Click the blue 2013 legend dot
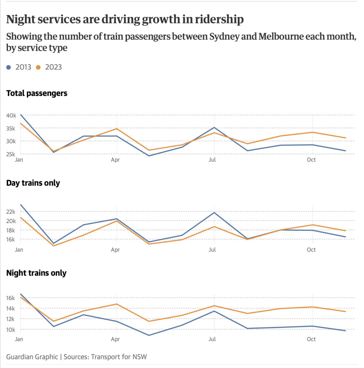9,67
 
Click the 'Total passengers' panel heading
37,93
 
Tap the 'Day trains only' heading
33,183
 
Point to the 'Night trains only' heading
36,273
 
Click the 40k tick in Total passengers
11,115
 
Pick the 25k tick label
11,154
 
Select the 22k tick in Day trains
11,212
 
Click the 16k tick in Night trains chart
11,298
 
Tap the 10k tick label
11,330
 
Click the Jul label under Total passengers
212,160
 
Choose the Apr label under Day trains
115,249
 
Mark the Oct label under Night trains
311,339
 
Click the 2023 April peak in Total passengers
116,129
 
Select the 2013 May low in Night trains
149,335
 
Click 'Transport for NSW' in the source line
119,357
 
